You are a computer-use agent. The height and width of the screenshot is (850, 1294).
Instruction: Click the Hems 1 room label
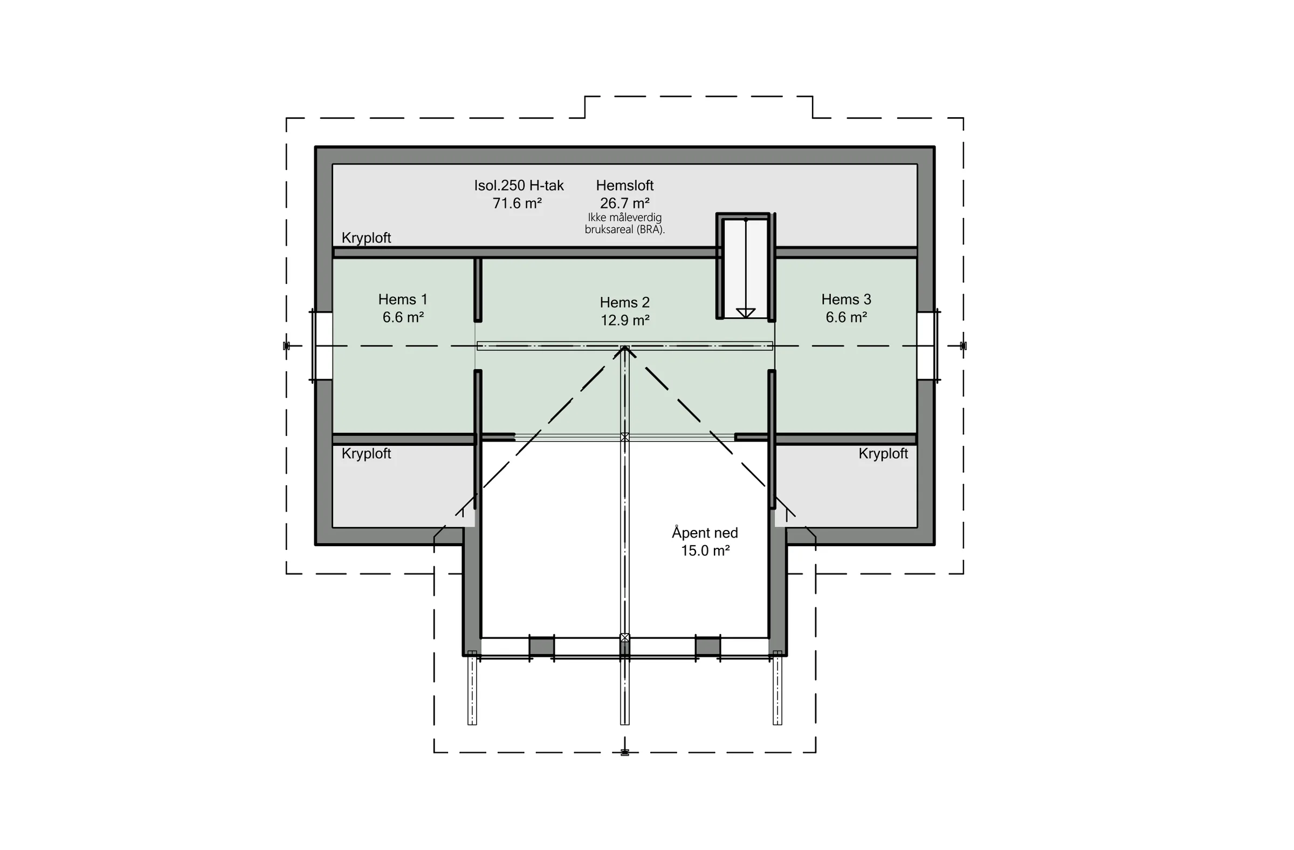coord(403,300)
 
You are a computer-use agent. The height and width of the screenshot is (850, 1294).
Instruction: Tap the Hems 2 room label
coord(625,302)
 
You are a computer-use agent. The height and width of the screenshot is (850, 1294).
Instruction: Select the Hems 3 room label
coord(846,300)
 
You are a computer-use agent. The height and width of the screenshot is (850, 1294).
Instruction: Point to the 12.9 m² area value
coord(625,320)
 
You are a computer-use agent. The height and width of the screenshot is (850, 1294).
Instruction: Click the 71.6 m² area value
coord(517,203)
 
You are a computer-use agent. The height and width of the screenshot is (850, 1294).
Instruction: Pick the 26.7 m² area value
coord(625,203)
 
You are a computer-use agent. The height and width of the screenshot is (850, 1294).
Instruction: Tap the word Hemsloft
coord(625,186)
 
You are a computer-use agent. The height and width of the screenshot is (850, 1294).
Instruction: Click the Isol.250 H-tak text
coord(519,186)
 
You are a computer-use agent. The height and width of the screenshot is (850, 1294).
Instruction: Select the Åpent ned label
coord(705,533)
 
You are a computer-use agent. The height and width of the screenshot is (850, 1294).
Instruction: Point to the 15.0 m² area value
coord(705,550)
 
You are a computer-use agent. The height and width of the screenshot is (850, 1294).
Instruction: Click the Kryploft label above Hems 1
coord(367,238)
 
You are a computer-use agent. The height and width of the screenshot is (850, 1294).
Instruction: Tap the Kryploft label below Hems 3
coord(883,453)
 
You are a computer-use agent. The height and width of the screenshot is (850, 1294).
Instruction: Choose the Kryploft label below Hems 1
coord(367,453)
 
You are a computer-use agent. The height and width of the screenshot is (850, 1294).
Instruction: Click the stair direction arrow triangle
coord(746,313)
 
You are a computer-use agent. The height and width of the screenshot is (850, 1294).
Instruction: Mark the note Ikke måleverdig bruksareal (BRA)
coord(625,223)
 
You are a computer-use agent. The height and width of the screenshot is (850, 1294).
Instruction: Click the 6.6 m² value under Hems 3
coord(846,317)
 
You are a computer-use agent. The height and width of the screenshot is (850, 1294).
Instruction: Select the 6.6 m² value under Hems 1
coord(403,317)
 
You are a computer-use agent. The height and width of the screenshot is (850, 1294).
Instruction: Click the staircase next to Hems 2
coord(746,266)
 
